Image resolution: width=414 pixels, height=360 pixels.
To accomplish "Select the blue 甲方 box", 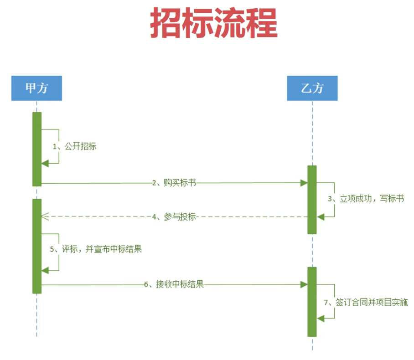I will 36,88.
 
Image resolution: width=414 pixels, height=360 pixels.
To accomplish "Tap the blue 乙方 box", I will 312,88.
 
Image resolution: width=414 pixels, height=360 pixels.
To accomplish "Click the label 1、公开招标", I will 74,146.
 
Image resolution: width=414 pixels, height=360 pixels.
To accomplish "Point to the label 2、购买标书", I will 174,183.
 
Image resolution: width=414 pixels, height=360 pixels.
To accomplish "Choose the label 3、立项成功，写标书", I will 366,199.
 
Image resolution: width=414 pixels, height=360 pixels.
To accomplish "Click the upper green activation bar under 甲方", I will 37,149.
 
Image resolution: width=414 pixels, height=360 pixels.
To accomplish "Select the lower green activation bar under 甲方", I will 37,246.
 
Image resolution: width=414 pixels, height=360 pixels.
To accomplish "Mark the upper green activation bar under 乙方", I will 312,200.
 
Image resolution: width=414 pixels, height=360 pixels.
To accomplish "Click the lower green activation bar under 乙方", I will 312,302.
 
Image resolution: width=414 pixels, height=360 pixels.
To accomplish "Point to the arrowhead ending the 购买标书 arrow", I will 304,183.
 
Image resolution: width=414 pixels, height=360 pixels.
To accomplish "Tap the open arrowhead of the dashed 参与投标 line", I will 45,217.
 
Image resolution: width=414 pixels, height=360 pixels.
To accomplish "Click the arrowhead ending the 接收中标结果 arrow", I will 304,285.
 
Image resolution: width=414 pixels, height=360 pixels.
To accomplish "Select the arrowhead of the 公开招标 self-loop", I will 45,164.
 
